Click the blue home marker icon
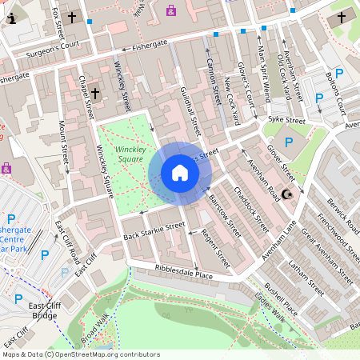pos(180,173)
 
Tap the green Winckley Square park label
pos(130,154)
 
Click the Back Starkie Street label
pos(154,230)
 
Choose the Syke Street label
pos(286,120)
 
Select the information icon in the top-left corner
pos(10,17)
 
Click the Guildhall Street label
pos(190,110)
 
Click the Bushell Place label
pos(281,298)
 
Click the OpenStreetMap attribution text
pos(81,354)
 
